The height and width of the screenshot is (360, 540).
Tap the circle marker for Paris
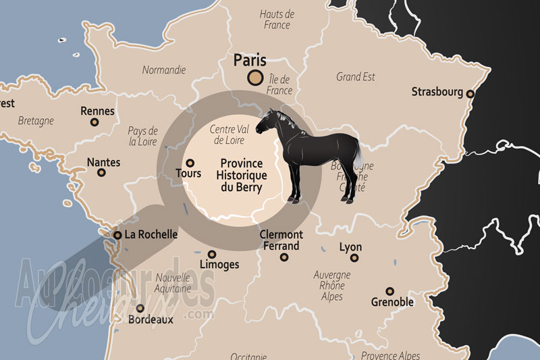pyautogui.click(x=256, y=78)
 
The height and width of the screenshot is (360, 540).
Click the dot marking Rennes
pyautogui.click(x=94, y=122)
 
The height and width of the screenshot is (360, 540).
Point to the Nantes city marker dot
pyautogui.click(x=102, y=173)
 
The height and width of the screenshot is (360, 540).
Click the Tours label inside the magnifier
pyautogui.click(x=188, y=174)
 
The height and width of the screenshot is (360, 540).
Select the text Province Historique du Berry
pyautogui.click(x=241, y=175)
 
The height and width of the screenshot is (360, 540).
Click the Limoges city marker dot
pyautogui.click(x=212, y=255)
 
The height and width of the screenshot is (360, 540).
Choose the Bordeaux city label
pyautogui.click(x=151, y=319)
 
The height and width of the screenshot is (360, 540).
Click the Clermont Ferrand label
pyautogui.click(x=281, y=240)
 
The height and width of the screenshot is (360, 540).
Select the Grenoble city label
pyautogui.click(x=392, y=302)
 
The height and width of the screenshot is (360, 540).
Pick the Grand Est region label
pyautogui.click(x=356, y=77)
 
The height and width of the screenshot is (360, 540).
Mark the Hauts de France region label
pyautogui.click(x=277, y=20)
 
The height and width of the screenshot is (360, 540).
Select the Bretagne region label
pyautogui.click(x=36, y=121)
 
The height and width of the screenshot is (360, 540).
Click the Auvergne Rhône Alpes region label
pyautogui.click(x=332, y=286)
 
